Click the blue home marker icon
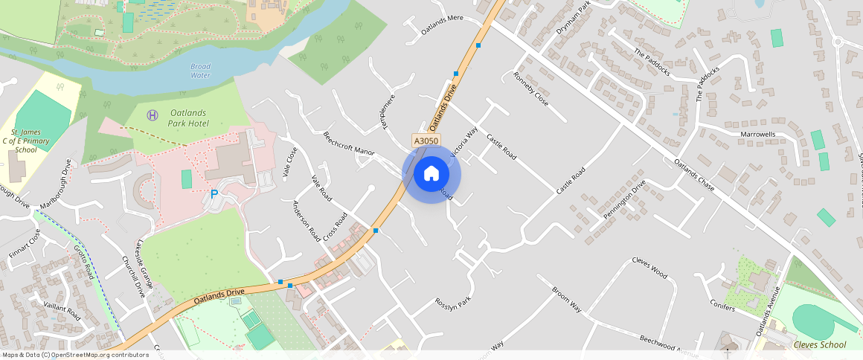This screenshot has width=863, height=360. (431, 174)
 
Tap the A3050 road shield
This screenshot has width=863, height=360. (426, 141)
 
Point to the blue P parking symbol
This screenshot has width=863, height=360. (214, 194)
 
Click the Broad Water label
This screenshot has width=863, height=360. (201, 71)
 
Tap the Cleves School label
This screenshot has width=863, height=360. (820, 344)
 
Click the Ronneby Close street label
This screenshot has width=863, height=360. (531, 89)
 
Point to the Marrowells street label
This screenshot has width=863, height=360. (758, 135)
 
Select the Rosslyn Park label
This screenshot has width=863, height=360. (454, 304)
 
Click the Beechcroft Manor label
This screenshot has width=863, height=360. (348, 144)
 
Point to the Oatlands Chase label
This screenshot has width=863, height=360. (694, 175)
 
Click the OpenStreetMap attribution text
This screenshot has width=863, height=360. (74, 355)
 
